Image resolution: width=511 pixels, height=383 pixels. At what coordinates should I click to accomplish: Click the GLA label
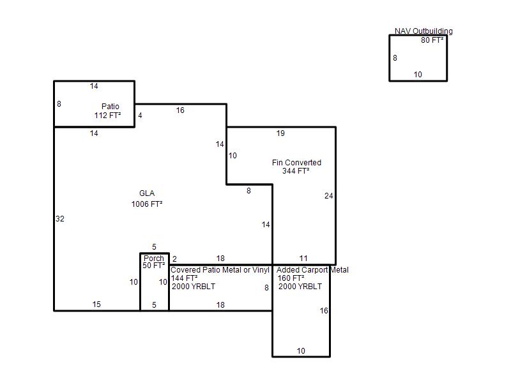click(147, 193)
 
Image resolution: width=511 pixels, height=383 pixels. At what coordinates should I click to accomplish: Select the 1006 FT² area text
click(147, 204)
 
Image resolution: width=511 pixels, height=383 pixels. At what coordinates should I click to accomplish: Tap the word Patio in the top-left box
click(111, 106)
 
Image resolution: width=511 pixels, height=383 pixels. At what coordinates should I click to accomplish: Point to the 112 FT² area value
click(108, 115)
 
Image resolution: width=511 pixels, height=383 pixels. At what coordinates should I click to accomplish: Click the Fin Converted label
click(296, 162)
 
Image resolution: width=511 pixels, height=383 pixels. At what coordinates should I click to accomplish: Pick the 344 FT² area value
click(296, 170)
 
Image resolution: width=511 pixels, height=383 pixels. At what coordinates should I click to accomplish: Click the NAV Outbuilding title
click(423, 31)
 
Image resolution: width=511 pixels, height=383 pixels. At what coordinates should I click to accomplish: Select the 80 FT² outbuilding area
click(432, 40)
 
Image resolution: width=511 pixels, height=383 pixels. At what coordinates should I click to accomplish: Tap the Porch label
click(154, 258)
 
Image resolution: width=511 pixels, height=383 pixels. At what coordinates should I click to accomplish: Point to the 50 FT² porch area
click(154, 266)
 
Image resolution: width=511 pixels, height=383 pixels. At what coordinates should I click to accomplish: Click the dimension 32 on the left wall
click(60, 218)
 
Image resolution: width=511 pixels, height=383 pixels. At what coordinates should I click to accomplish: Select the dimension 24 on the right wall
click(329, 196)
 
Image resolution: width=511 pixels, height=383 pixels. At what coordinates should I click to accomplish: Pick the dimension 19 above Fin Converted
click(280, 133)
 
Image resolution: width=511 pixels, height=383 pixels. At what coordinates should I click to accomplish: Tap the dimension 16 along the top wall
click(180, 110)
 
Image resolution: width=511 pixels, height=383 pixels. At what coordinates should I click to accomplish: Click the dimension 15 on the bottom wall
click(96, 304)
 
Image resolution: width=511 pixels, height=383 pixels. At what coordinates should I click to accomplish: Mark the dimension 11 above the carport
click(303, 259)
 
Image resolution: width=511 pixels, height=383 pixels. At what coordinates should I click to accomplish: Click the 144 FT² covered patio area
click(185, 278)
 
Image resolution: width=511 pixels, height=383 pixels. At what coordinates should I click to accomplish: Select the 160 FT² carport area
click(291, 278)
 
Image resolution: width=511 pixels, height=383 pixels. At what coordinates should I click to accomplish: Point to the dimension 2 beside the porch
click(174, 259)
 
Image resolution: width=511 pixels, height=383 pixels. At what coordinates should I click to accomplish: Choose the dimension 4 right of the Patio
click(140, 116)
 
